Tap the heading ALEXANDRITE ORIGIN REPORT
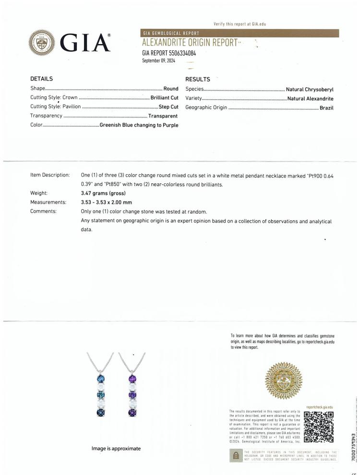(190, 43)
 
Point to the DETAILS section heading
(41, 79)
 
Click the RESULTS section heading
(197, 79)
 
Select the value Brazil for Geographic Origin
(326, 107)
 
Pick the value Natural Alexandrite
(310, 98)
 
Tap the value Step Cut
(168, 107)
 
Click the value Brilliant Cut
(164, 97)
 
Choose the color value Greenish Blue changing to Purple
(139, 125)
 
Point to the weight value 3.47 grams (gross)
(103, 193)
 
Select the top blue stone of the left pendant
(101, 379)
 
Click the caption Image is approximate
(116, 448)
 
